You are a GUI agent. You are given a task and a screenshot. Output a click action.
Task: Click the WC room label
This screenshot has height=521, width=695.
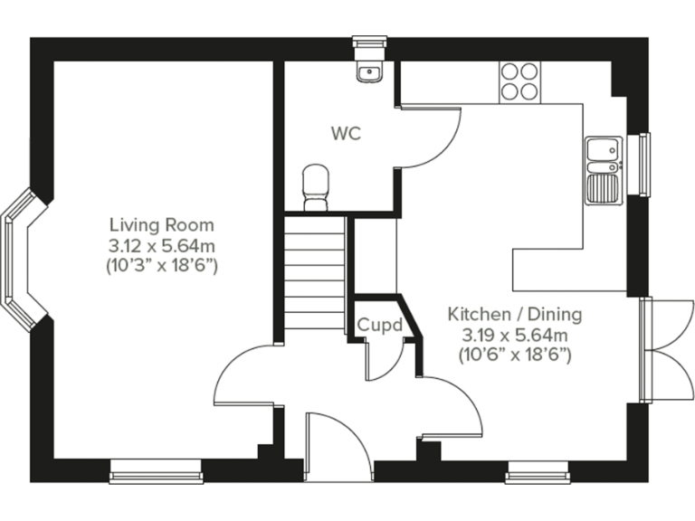coord(346,134)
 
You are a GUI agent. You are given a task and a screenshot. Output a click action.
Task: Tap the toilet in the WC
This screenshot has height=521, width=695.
coord(315,186)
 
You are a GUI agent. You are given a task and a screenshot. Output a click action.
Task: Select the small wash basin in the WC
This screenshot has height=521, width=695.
coord(369,71)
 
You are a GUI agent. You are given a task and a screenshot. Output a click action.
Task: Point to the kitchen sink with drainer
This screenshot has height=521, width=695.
coord(603,170)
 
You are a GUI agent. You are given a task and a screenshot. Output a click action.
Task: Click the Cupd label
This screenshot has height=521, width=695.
coord(379,325)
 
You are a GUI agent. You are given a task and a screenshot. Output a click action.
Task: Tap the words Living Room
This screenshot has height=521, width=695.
coord(162,224)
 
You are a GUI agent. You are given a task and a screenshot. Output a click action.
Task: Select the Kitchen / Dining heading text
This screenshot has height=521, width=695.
coord(515,315)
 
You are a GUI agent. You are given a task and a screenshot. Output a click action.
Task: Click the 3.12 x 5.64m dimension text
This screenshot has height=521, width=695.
coord(162,245)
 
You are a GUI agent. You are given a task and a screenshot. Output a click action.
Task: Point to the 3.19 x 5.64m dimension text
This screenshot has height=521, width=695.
coord(515,336)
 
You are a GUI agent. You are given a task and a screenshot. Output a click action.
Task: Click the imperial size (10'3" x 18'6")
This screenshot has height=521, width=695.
coord(162,266)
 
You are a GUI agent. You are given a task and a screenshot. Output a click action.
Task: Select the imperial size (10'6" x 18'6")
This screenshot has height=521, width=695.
coord(515,355)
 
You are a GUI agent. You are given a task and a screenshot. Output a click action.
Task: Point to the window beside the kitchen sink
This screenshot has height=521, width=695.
coord(644,164)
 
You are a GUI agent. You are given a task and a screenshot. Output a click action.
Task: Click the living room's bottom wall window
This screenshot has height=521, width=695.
coord(157,470)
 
